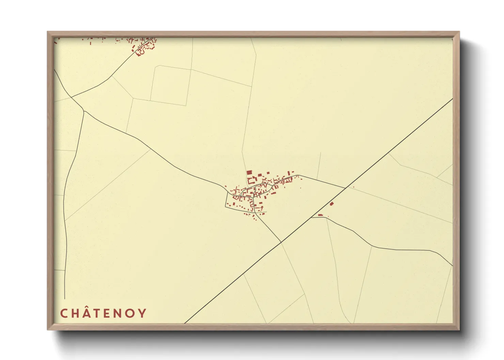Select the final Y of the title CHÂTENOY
(142, 313)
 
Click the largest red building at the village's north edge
(249, 173)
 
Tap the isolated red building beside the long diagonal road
(332, 203)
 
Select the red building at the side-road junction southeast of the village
(320, 215)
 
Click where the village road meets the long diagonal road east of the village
(345, 187)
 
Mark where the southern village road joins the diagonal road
(281, 242)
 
